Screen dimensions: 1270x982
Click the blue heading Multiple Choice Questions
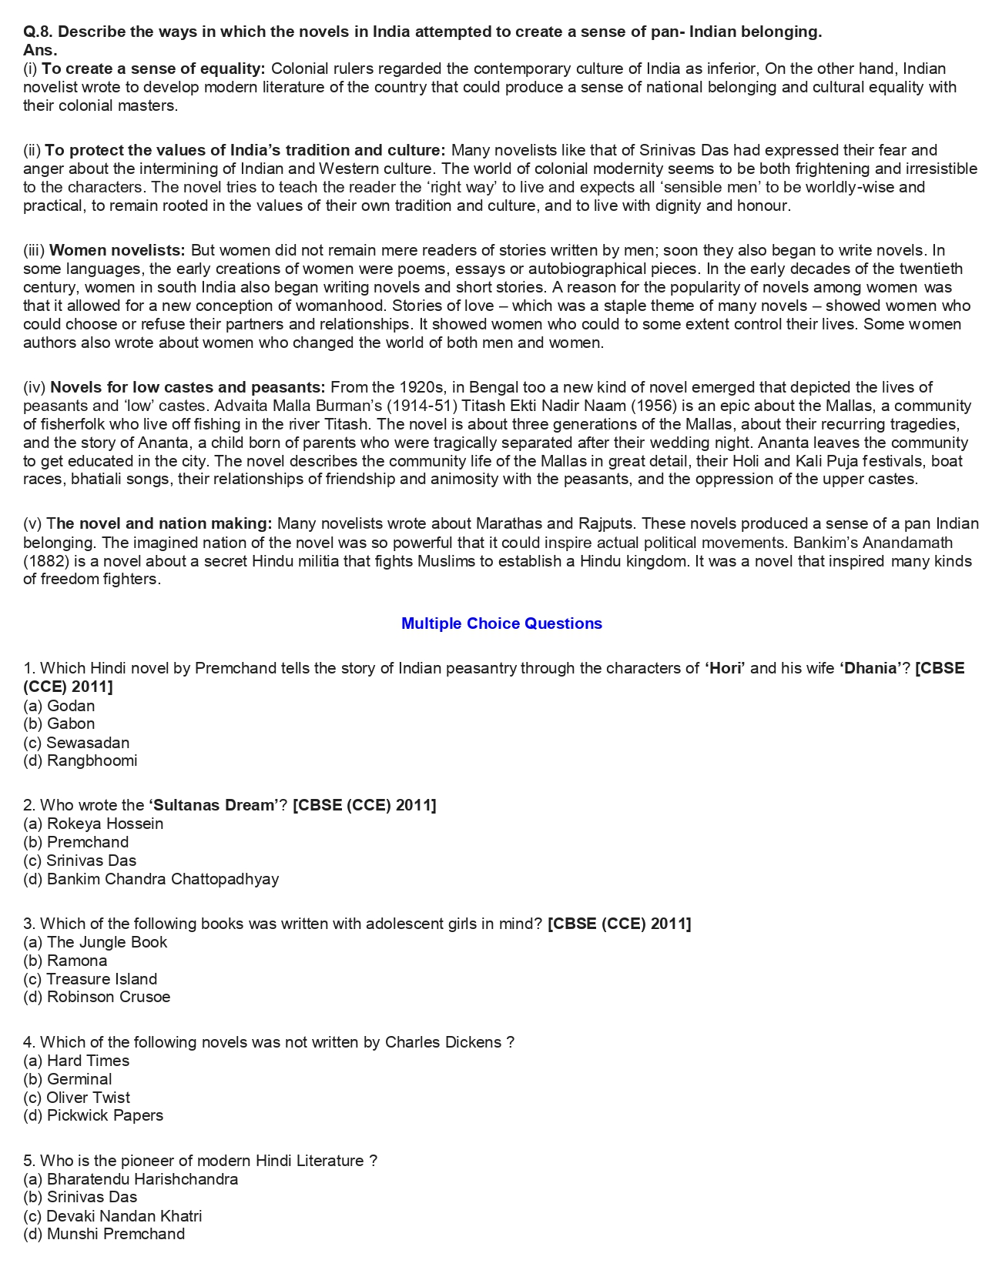501,623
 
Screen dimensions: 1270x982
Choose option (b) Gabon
59,724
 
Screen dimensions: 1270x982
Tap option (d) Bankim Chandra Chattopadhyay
151,879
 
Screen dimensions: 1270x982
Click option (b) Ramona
65,961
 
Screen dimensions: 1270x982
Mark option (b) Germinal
68,1079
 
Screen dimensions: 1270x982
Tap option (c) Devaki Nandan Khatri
112,1216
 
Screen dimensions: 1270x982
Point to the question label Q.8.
38,32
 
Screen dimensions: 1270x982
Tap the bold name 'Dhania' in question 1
870,668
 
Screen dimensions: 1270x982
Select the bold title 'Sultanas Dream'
213,805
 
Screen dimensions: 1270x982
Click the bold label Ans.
40,50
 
